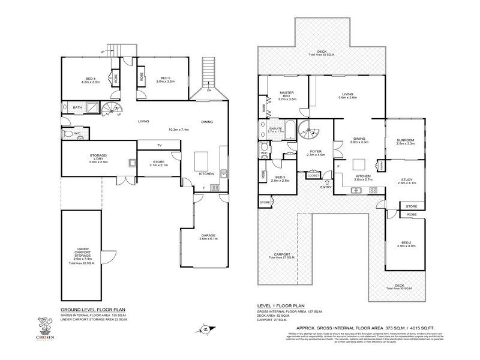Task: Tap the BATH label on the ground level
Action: [x=77, y=108]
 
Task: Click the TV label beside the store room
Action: [x=159, y=146]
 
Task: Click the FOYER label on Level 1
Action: [x=316, y=152]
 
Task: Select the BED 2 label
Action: [x=406, y=244]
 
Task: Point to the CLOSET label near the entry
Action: [x=313, y=176]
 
